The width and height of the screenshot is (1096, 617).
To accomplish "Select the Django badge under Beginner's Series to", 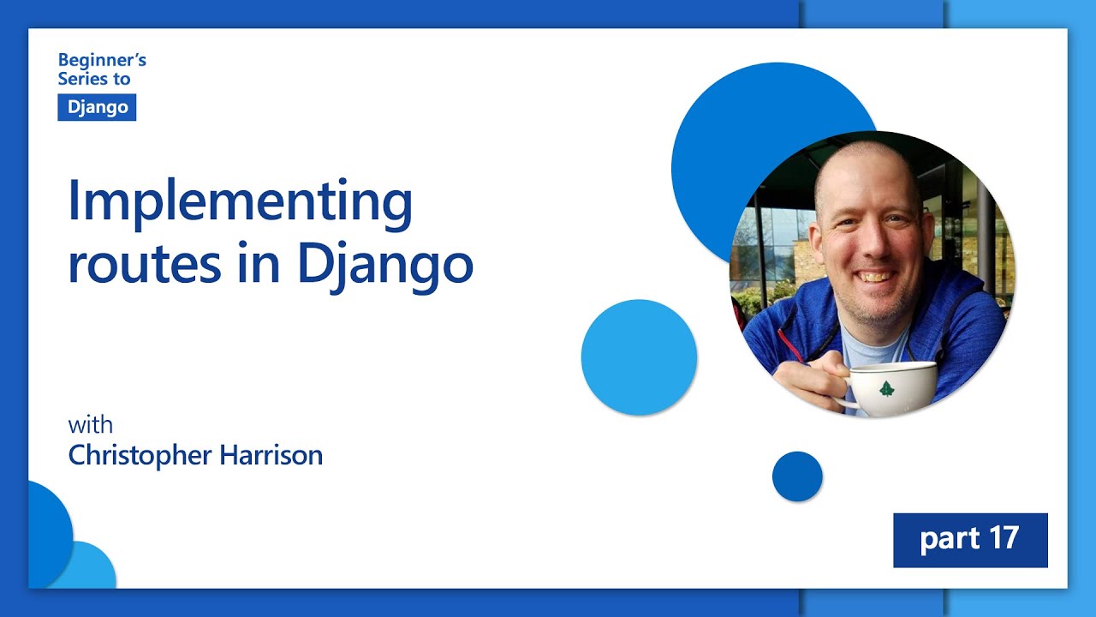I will click(x=97, y=107).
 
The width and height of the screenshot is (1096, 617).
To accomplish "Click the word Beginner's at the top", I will click(x=102, y=60).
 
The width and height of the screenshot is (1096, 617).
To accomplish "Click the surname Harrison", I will click(x=271, y=455).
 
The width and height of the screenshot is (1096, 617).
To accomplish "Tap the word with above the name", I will click(x=90, y=425).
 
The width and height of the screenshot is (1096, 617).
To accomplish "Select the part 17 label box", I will click(x=970, y=540).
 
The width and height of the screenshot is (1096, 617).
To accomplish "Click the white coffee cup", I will click(x=890, y=388).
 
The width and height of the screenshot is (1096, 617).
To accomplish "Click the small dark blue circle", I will click(x=797, y=476).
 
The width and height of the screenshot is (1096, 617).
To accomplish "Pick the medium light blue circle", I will click(x=639, y=357).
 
